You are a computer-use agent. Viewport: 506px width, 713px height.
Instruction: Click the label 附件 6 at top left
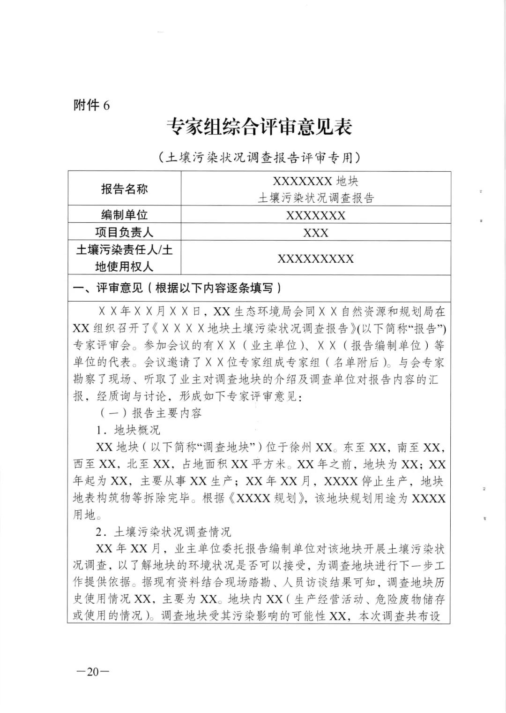point(92,106)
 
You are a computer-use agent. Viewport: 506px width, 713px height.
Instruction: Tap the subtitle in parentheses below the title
point(259,158)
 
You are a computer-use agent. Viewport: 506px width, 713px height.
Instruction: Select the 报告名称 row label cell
point(124,189)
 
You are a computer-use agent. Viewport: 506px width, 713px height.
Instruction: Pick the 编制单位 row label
point(124,215)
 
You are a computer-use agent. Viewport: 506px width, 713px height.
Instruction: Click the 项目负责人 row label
point(124,232)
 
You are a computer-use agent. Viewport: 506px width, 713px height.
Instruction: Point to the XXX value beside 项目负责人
point(315,233)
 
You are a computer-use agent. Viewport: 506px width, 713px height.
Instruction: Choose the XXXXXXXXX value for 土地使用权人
point(315,259)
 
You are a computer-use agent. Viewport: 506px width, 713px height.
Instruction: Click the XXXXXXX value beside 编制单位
point(315,215)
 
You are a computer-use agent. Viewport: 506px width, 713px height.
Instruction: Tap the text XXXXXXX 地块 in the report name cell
point(315,181)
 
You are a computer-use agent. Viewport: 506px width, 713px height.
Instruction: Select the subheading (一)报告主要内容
point(149,413)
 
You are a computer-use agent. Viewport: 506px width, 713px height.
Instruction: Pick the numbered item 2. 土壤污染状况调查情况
point(164,532)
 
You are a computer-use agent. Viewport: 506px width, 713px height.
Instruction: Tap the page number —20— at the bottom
point(92,671)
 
